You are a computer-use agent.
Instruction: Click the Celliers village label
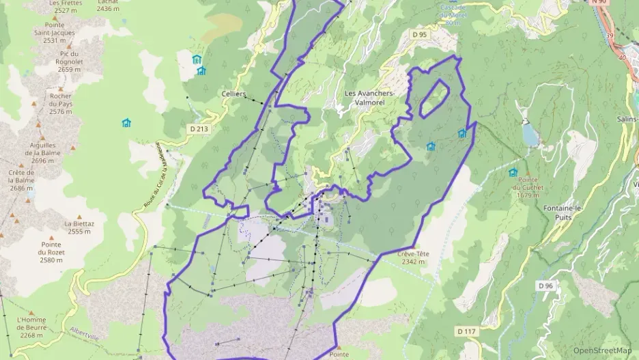click(x=233, y=94)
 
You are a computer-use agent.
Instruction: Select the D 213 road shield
click(x=199, y=128)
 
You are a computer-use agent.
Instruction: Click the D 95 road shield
click(x=419, y=33)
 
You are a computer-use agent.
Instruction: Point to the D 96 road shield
click(x=545, y=286)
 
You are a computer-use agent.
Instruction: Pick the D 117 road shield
click(x=466, y=331)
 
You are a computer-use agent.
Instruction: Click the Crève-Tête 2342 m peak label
click(x=413, y=258)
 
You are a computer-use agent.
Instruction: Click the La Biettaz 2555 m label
click(x=79, y=227)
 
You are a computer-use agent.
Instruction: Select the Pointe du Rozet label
click(x=51, y=252)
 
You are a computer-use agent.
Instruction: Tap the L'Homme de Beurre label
click(x=32, y=327)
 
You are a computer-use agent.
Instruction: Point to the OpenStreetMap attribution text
click(x=603, y=350)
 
